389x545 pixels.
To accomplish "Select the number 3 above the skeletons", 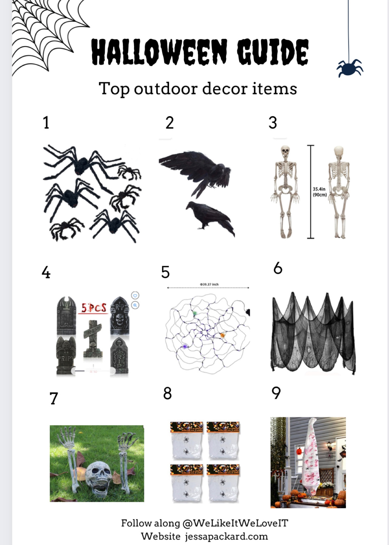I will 273,123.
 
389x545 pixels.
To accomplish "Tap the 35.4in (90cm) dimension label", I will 320,192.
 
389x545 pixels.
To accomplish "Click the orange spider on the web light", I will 223,335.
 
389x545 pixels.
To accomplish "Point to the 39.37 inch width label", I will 209,284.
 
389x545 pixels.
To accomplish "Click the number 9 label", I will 276,393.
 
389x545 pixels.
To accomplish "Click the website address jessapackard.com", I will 226,536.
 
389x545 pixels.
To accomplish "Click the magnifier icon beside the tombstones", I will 135,305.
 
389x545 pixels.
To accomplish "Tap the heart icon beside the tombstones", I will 135,296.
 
